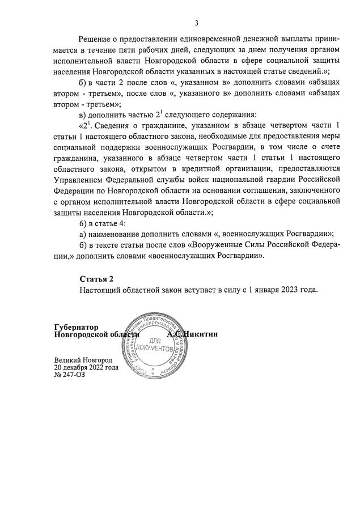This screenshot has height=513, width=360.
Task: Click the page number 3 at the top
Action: coord(196,23)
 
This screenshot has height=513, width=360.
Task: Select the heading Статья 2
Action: coord(96,279)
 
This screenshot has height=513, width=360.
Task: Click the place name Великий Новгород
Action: coord(83,360)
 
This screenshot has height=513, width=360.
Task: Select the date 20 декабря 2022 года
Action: coord(86,367)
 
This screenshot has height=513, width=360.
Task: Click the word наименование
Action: coord(118,234)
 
